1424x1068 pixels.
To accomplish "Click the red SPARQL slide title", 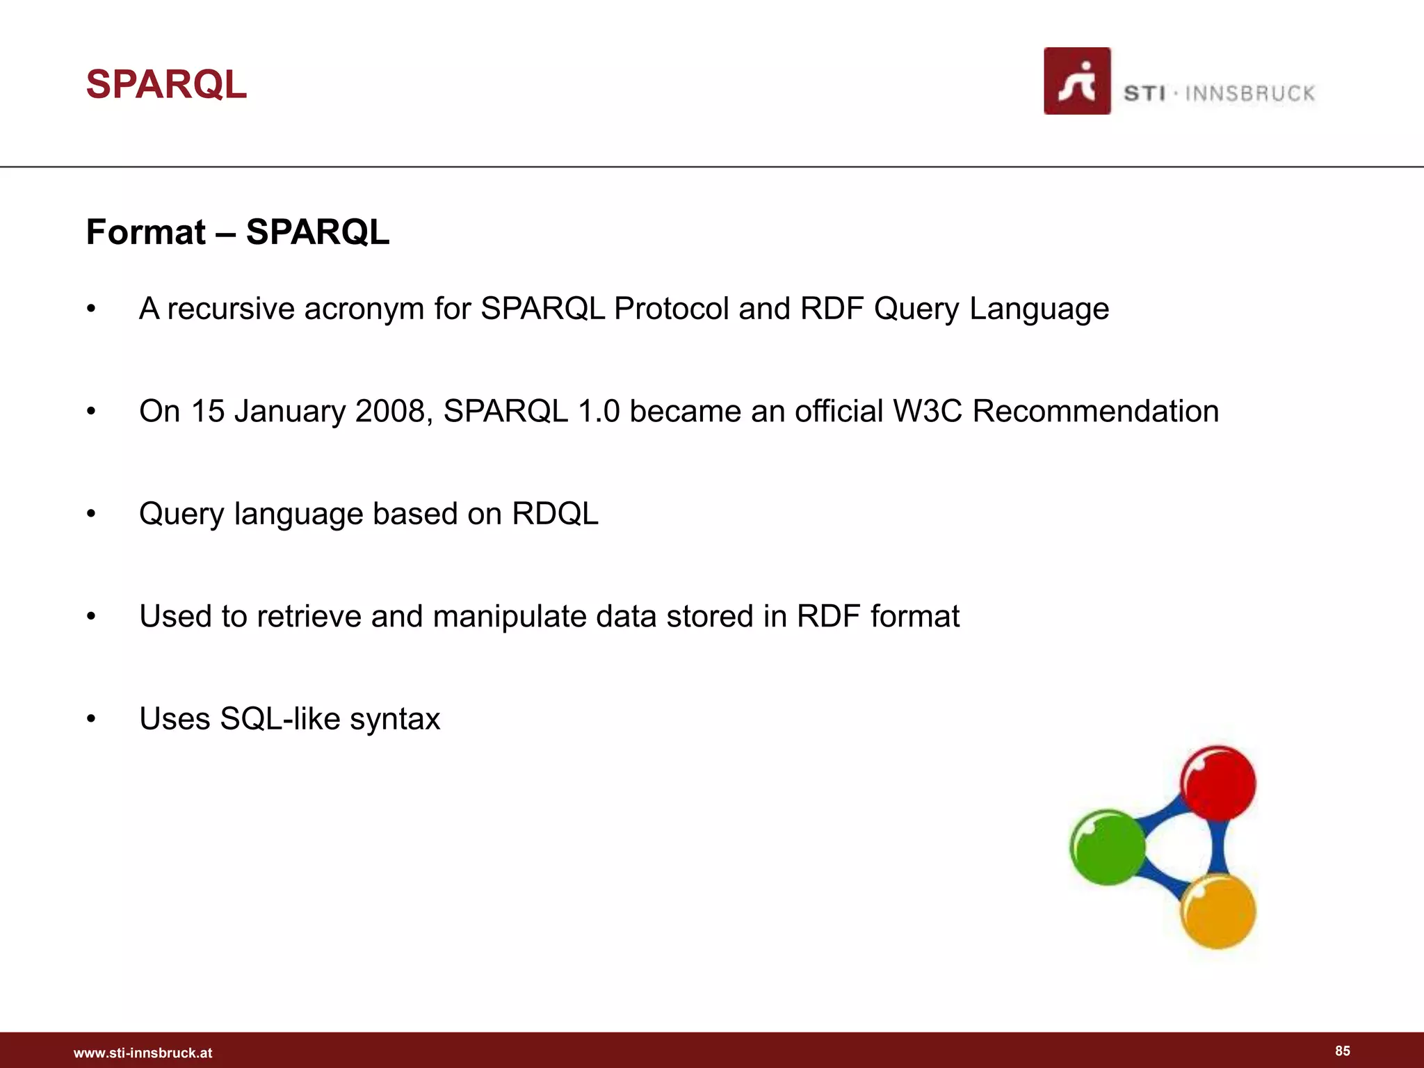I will click(x=166, y=85).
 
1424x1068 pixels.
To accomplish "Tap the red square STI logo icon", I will click(x=1076, y=81).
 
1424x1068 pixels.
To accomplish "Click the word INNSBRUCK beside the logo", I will click(x=1249, y=94).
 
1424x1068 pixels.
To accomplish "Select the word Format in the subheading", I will click(x=146, y=232).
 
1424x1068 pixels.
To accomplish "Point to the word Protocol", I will click(x=671, y=309).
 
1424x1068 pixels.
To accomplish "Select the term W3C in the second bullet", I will click(x=928, y=411).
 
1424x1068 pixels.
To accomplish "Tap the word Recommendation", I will click(x=1095, y=411).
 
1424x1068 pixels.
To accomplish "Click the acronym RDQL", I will click(x=555, y=514).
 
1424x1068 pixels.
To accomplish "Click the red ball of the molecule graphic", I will click(x=1218, y=784).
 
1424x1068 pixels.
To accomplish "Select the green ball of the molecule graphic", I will click(x=1107, y=847).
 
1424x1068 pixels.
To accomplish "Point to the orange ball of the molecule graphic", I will click(x=1218, y=912).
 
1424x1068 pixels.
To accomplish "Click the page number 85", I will click(x=1342, y=1051).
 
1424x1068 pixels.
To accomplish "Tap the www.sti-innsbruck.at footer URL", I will click(x=143, y=1053).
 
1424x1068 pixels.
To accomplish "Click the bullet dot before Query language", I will click(x=91, y=514).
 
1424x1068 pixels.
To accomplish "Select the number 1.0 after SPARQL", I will click(x=599, y=411).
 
